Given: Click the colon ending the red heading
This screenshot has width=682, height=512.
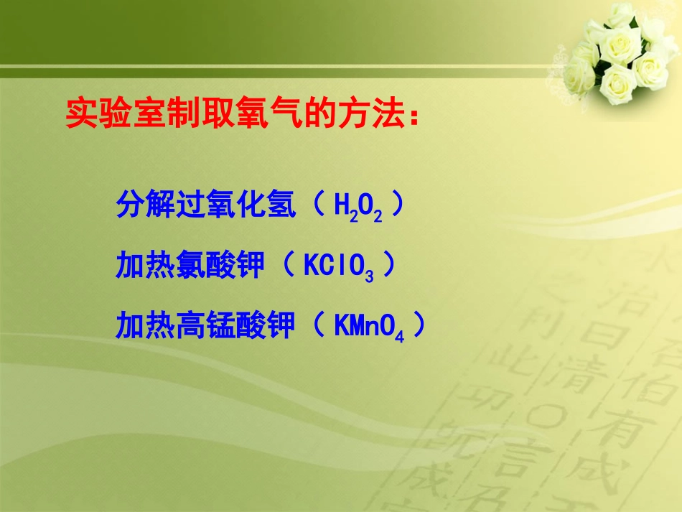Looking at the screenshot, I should (x=412, y=116).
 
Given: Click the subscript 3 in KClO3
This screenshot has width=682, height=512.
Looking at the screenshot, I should (x=369, y=275).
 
